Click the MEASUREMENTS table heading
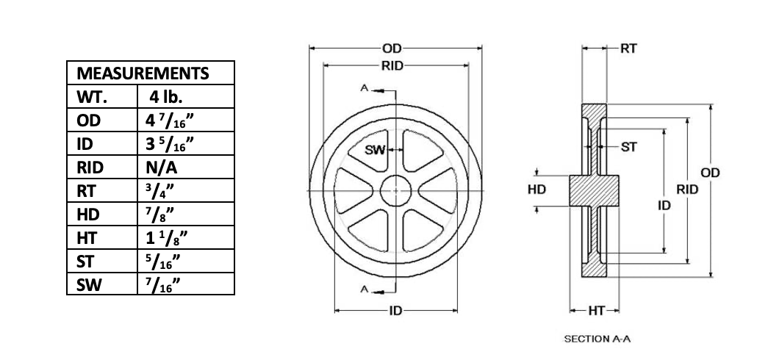click(x=143, y=73)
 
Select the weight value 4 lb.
click(x=166, y=97)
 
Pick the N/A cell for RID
click(x=162, y=168)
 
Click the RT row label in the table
click(x=86, y=191)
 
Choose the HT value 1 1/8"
click(x=167, y=238)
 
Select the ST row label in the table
click(x=85, y=262)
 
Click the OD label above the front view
click(x=392, y=48)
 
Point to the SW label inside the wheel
click(x=376, y=151)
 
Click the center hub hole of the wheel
click(x=395, y=191)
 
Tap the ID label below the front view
click(x=395, y=311)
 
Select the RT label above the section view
click(x=628, y=49)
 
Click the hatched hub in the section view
click(x=591, y=191)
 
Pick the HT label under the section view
click(x=595, y=311)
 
